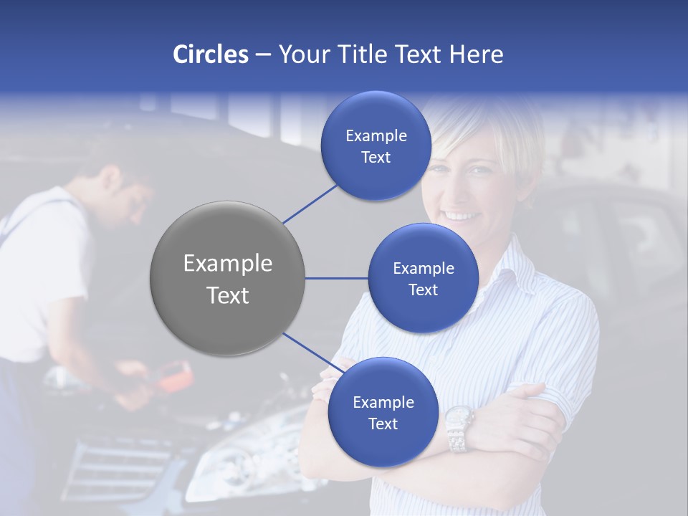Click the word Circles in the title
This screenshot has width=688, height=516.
point(211,54)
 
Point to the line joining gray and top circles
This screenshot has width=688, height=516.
point(310,204)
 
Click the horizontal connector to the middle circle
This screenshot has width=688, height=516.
point(336,278)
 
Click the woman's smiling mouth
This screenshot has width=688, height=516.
point(462,215)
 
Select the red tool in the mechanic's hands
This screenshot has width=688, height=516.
point(176,377)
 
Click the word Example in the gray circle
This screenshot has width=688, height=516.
point(228,264)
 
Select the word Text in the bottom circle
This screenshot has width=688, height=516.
point(383,424)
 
